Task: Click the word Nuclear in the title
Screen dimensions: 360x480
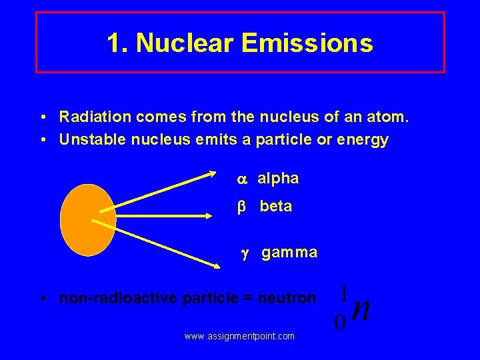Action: [185, 43]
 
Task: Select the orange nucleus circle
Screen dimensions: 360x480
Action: [87, 220]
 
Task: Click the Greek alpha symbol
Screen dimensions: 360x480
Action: [242, 179]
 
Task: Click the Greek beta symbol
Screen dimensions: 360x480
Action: [243, 207]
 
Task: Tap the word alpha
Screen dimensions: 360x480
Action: [278, 179]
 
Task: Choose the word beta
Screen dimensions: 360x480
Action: [276, 207]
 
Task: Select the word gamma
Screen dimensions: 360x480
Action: [289, 253]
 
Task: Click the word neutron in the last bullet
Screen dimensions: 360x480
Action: [289, 298]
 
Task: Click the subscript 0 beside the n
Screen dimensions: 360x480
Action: [340, 323]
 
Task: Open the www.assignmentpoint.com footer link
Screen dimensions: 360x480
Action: [239, 337]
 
